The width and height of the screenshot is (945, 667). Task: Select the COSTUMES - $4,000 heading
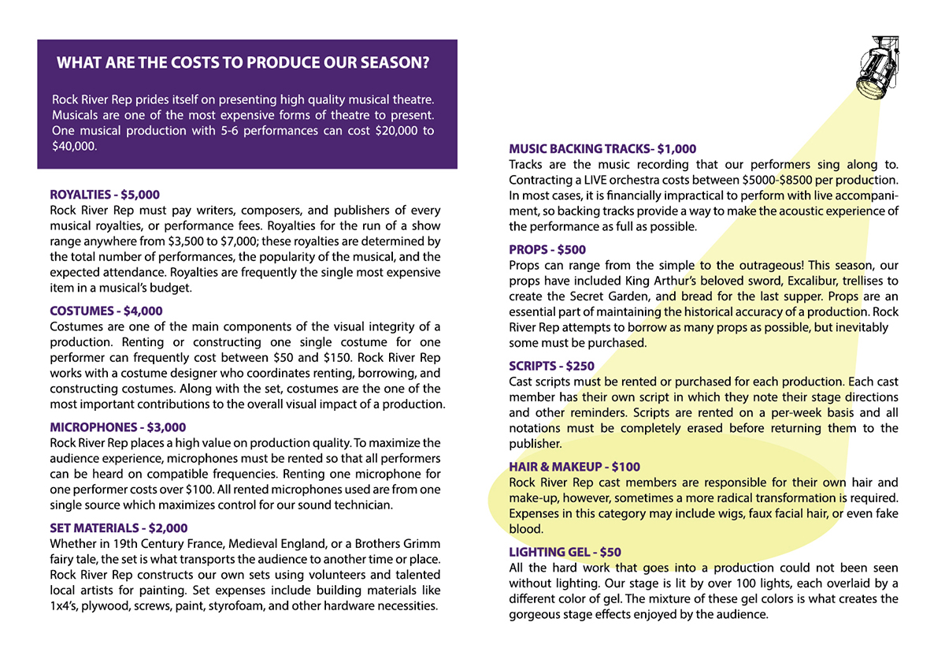coord(106,311)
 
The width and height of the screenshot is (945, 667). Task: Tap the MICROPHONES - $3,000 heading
coord(118,427)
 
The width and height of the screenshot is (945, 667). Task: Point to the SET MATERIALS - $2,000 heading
coord(119,528)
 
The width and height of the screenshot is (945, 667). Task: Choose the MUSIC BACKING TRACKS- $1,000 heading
coord(602,148)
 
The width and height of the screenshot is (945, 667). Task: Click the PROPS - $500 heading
coord(547,249)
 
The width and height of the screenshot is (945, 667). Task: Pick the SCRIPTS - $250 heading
coord(552,366)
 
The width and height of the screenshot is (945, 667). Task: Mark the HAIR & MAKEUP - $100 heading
coord(575,467)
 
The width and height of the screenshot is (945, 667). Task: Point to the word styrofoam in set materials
coord(272,606)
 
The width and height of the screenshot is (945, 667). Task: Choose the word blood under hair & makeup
coord(525,529)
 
